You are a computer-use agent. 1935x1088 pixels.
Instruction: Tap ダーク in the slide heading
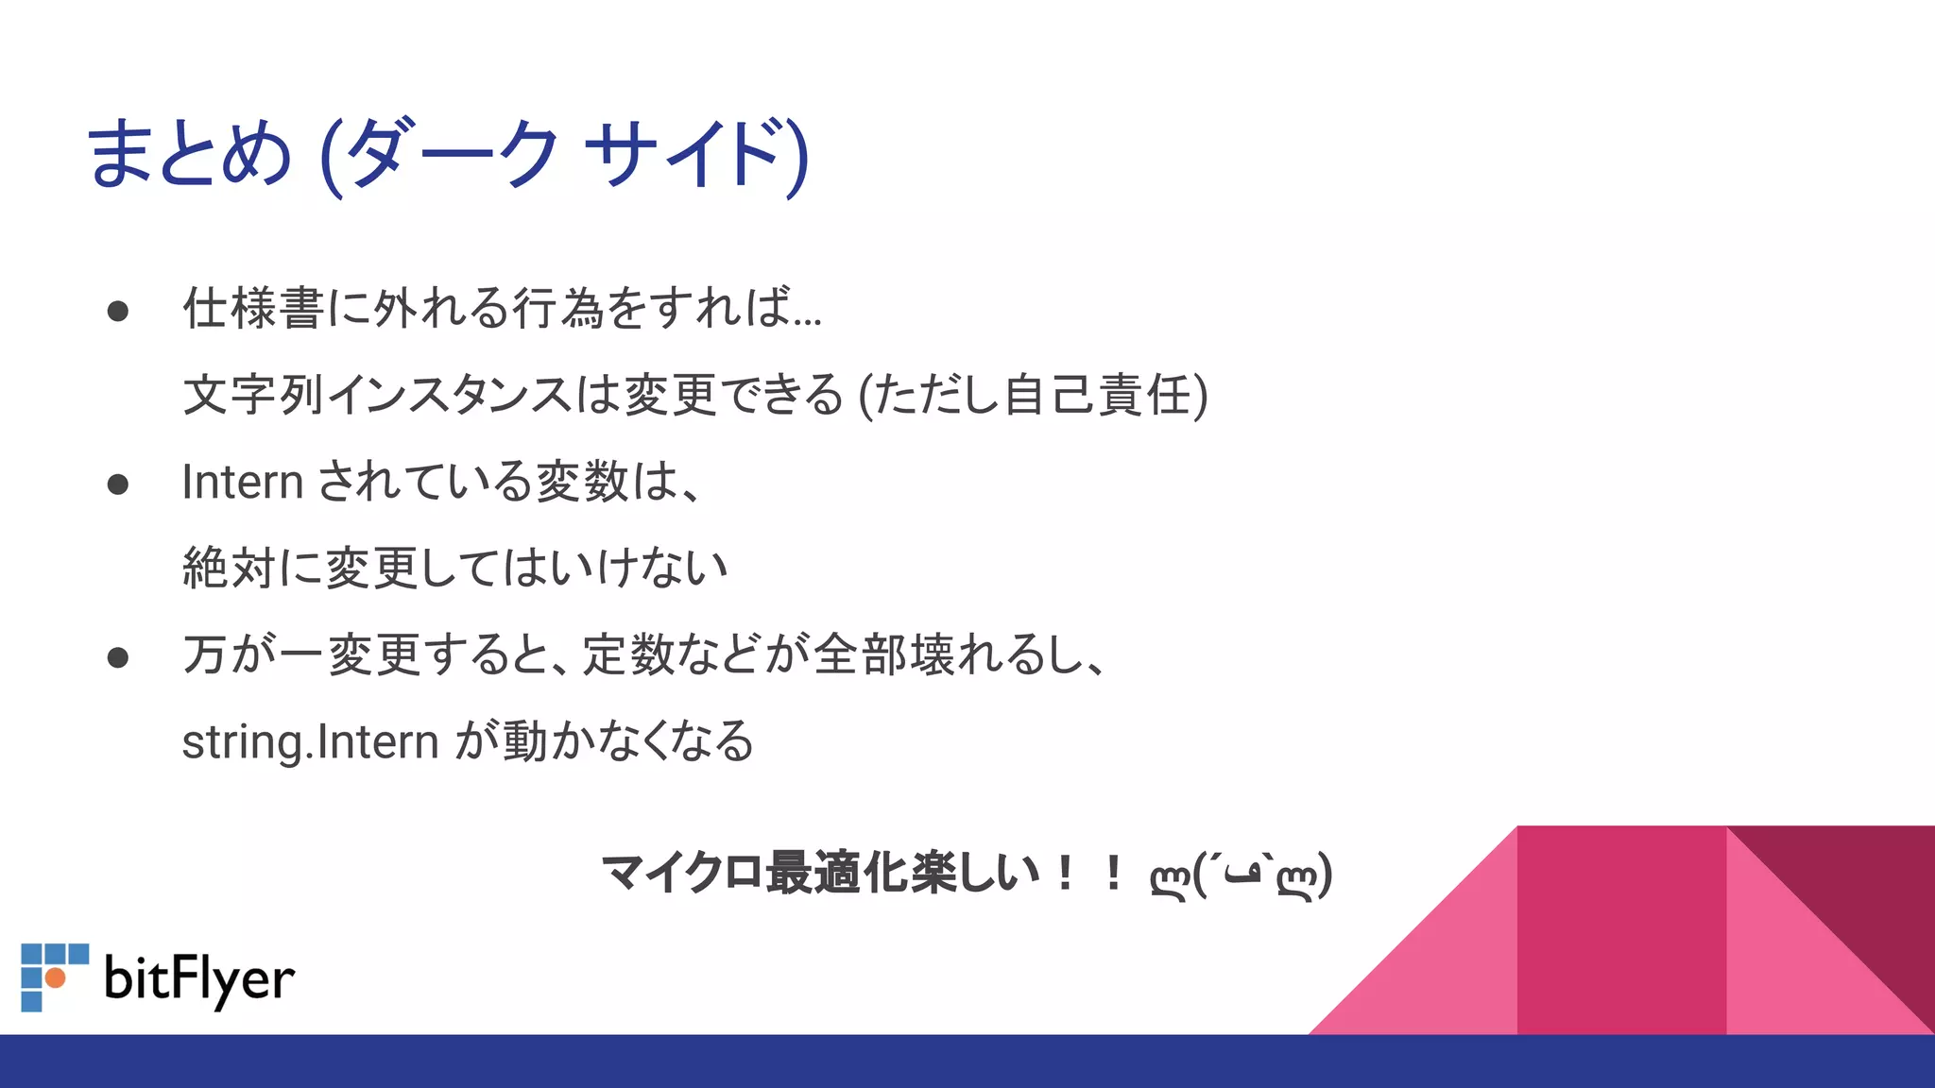point(454,154)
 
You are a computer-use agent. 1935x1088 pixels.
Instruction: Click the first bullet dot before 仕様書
point(118,312)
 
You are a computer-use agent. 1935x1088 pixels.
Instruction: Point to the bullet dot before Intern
point(118,484)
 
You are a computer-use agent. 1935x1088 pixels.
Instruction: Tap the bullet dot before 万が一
point(118,657)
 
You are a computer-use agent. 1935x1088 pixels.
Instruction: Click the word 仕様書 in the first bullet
point(253,308)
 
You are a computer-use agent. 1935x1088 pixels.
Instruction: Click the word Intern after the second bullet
point(242,482)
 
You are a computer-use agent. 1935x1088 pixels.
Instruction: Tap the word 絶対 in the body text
point(229,568)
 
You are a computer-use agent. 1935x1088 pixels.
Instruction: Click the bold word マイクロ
point(682,872)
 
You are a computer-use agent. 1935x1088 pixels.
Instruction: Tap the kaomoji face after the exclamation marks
point(1241,875)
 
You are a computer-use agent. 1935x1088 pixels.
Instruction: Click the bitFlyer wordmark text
point(199,979)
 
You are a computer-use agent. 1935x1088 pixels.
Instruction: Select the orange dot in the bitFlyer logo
point(56,977)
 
